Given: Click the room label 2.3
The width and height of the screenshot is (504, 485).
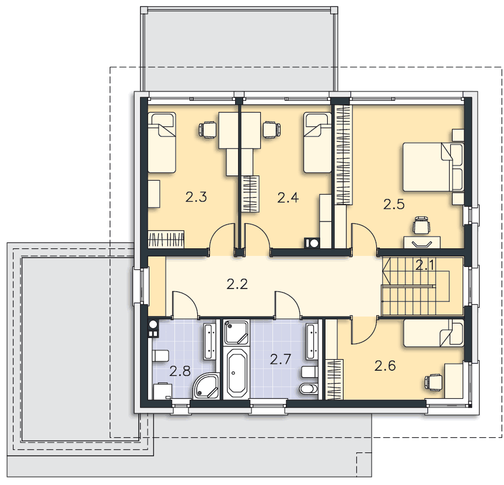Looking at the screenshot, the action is pyautogui.click(x=196, y=197).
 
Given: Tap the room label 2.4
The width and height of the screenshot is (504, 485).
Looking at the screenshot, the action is pyautogui.click(x=288, y=198).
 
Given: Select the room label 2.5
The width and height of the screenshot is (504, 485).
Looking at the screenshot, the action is pyautogui.click(x=394, y=204).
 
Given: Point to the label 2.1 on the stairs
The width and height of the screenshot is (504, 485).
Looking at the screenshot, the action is pyautogui.click(x=425, y=265).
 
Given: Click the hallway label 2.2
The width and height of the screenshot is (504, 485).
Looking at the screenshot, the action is pyautogui.click(x=237, y=284).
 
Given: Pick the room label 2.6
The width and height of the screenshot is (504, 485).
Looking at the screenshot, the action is pyautogui.click(x=385, y=365).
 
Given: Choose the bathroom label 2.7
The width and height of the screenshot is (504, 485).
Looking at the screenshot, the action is pyautogui.click(x=280, y=359).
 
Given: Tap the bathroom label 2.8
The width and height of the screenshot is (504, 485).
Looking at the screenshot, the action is pyautogui.click(x=180, y=371).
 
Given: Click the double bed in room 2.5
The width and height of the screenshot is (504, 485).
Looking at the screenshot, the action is pyautogui.click(x=433, y=167).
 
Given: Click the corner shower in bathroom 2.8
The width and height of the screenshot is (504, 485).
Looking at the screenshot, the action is pyautogui.click(x=206, y=386).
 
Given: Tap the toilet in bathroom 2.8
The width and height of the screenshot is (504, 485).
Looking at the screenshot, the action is pyautogui.click(x=160, y=356).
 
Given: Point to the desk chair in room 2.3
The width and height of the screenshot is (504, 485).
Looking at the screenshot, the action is pyautogui.click(x=207, y=130).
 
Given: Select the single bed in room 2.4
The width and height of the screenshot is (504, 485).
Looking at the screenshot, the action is pyautogui.click(x=317, y=142).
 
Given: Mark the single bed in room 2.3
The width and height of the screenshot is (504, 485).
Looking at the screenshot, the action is pyautogui.click(x=162, y=142).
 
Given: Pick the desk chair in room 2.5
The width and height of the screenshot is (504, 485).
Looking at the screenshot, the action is pyautogui.click(x=421, y=225).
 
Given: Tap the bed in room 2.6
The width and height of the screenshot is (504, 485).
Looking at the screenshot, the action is pyautogui.click(x=433, y=333).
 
